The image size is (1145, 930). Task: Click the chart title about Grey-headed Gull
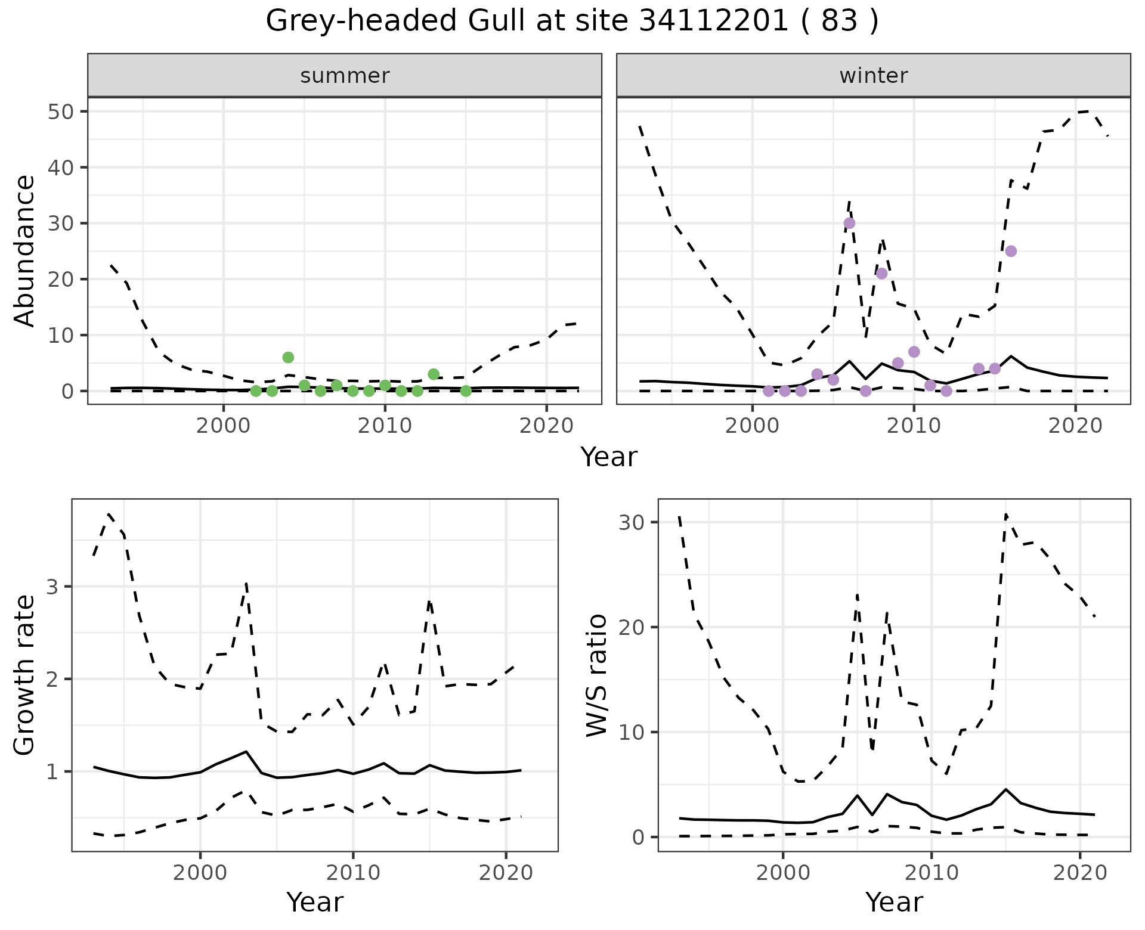[571, 21]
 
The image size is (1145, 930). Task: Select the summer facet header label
[345, 76]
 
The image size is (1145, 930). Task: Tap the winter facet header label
[873, 76]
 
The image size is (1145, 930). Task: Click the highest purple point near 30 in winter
[849, 224]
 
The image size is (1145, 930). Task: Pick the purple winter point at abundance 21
[881, 274]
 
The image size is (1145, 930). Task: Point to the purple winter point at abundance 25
[1011, 251]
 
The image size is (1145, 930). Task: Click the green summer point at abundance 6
[288, 358]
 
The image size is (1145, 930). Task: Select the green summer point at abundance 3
[434, 374]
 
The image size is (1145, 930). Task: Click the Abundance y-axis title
[25, 251]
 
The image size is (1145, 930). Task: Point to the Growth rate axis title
[25, 675]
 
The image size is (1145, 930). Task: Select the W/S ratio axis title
[597, 675]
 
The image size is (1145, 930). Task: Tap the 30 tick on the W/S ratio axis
[630, 523]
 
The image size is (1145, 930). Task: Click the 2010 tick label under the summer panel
[385, 426]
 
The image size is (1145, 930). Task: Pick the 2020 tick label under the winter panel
[1075, 426]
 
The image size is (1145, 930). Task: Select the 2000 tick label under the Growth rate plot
[200, 873]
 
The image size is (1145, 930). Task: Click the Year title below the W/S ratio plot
[893, 903]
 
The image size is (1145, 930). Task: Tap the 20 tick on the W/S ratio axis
[630, 627]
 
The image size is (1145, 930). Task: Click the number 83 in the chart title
[840, 21]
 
